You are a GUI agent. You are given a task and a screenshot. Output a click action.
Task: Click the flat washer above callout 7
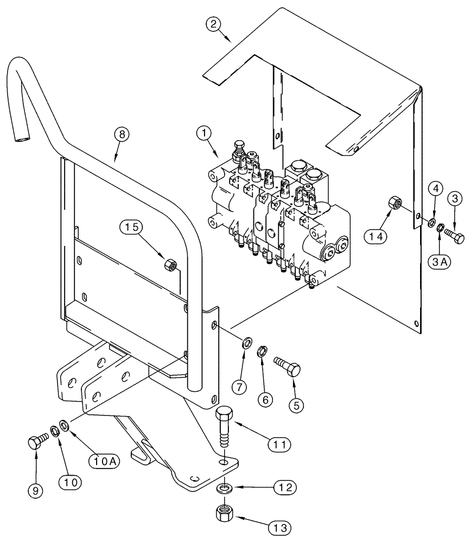coord(247,342)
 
